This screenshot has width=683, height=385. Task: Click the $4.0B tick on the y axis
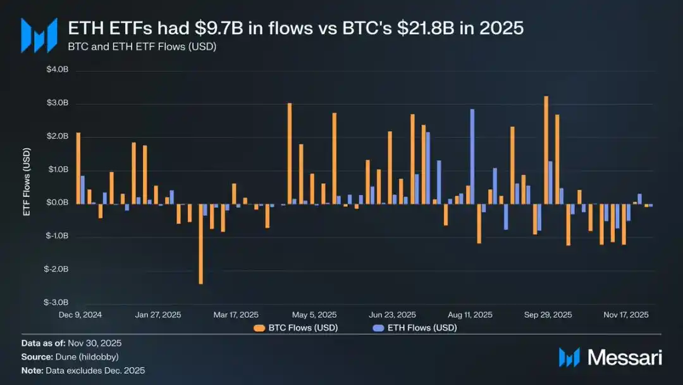(59, 70)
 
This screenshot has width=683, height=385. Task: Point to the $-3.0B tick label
(58, 303)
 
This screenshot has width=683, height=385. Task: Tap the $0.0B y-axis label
(59, 203)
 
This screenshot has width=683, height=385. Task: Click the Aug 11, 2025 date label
(470, 315)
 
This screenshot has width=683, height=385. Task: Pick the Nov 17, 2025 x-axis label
(625, 315)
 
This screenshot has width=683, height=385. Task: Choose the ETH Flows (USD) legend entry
(414, 328)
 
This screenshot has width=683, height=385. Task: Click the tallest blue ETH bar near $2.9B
(472, 156)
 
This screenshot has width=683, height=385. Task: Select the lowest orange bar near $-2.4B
(200, 243)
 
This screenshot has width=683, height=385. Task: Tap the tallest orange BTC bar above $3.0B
(546, 149)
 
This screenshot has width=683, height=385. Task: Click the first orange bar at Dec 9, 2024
(78, 168)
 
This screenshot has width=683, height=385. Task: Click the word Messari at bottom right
(625, 358)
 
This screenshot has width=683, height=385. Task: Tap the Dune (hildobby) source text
(87, 357)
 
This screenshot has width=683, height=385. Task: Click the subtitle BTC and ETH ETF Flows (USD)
(142, 46)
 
